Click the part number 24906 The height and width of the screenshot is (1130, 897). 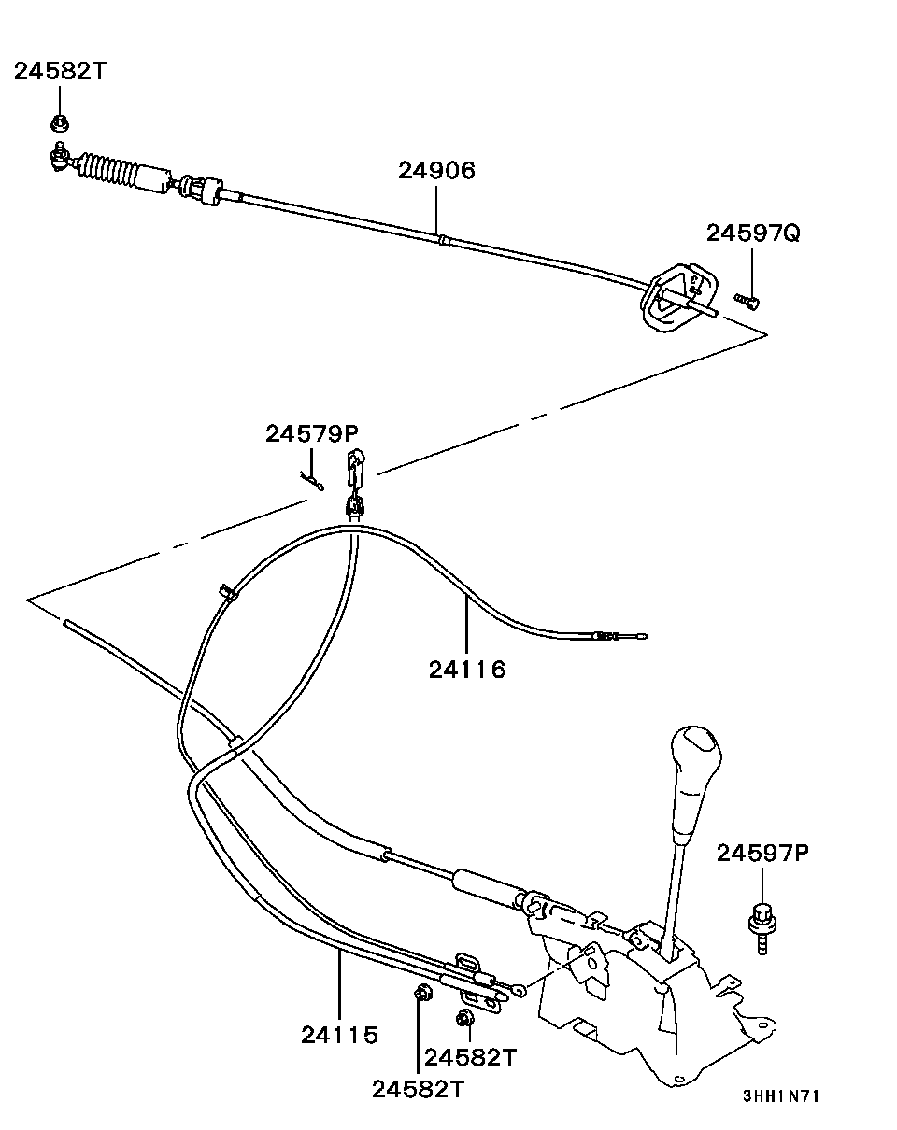(x=436, y=171)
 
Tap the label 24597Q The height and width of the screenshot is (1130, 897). (x=752, y=233)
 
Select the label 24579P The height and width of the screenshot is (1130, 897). (x=311, y=433)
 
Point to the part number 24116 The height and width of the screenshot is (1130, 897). (x=467, y=670)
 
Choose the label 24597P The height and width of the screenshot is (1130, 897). (x=762, y=853)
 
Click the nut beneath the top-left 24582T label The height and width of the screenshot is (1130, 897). (x=61, y=123)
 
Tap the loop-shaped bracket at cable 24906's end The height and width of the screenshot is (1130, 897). (x=678, y=297)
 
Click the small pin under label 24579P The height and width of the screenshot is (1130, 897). (x=312, y=481)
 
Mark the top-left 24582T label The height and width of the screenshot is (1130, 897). (x=60, y=70)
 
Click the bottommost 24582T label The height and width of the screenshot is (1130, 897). (x=419, y=1090)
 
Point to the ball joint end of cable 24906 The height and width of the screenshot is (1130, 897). (x=60, y=157)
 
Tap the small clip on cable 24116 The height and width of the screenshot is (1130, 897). (x=229, y=592)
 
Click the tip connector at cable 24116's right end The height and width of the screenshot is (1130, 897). (x=620, y=636)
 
